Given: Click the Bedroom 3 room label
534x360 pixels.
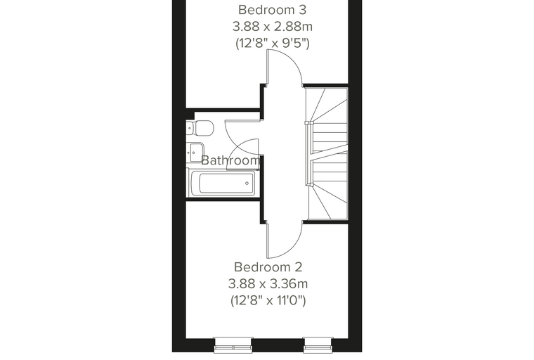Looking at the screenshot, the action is [x=272, y=10].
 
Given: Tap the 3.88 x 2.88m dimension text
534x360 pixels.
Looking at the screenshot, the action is [x=273, y=27].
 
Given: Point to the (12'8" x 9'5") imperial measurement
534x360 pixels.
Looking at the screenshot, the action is [x=273, y=44].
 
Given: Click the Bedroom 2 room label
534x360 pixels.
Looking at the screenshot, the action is [x=268, y=267].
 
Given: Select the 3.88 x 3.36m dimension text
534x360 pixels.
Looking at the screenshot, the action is [x=268, y=283].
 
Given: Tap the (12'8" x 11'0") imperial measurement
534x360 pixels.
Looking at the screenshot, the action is [x=268, y=300].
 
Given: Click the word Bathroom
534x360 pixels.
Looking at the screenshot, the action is [x=230, y=160].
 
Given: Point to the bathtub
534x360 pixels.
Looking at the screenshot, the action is [x=223, y=183].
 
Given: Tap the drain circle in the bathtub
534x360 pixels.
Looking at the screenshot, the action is [x=247, y=184].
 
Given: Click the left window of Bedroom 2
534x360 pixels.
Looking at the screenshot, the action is [x=233, y=345].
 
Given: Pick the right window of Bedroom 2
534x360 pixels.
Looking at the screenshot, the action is [x=318, y=345].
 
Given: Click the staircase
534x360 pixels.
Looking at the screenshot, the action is [x=327, y=153].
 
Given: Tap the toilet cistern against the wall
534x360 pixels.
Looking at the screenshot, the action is [x=190, y=128].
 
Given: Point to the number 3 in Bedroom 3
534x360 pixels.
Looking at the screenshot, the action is [x=302, y=10].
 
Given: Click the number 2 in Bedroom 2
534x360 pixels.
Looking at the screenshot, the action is [x=299, y=267].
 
